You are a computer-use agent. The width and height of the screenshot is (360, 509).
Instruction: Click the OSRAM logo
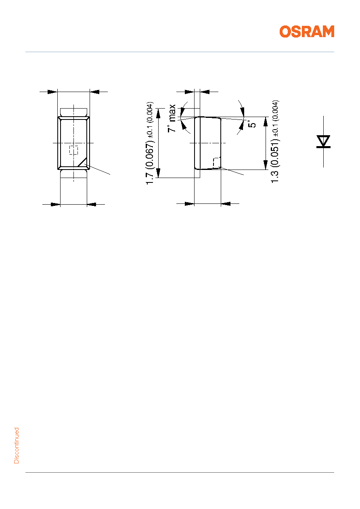(x=307, y=31)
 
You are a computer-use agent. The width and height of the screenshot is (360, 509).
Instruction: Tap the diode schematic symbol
(x=323, y=142)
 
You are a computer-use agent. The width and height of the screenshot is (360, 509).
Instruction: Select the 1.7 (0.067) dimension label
(x=151, y=163)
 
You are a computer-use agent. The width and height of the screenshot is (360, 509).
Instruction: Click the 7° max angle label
(x=172, y=118)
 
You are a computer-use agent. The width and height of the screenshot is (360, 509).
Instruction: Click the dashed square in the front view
(x=73, y=150)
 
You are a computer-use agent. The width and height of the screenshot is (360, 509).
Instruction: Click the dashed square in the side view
(x=217, y=163)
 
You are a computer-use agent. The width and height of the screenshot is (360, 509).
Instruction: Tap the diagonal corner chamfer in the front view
(x=82, y=161)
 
